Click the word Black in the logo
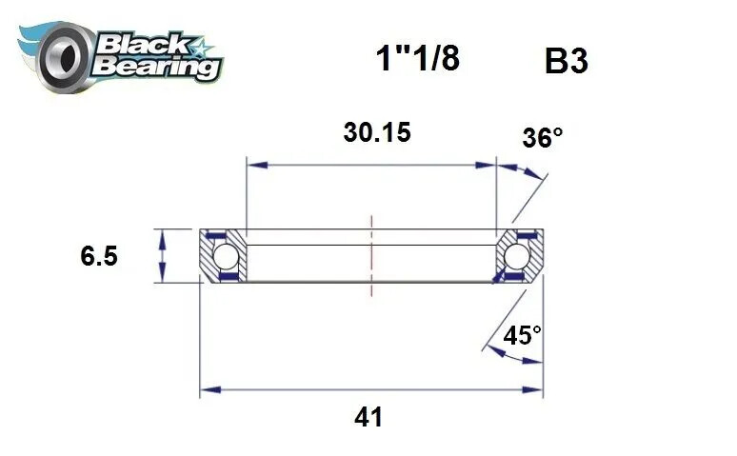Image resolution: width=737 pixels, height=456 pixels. (137, 42)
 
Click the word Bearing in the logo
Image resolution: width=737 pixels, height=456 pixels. (158, 68)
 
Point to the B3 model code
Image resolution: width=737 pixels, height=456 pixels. (566, 62)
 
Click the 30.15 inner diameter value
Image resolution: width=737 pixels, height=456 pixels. (377, 132)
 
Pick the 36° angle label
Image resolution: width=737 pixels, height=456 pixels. (543, 138)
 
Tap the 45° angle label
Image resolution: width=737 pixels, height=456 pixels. (523, 335)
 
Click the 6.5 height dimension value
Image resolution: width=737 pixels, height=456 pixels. (100, 256)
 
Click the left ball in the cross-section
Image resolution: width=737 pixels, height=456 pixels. (225, 256)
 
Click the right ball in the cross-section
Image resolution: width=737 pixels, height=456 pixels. (518, 256)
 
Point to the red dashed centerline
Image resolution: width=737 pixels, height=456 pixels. (371, 257)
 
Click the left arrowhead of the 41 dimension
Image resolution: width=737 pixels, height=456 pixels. (207, 390)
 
